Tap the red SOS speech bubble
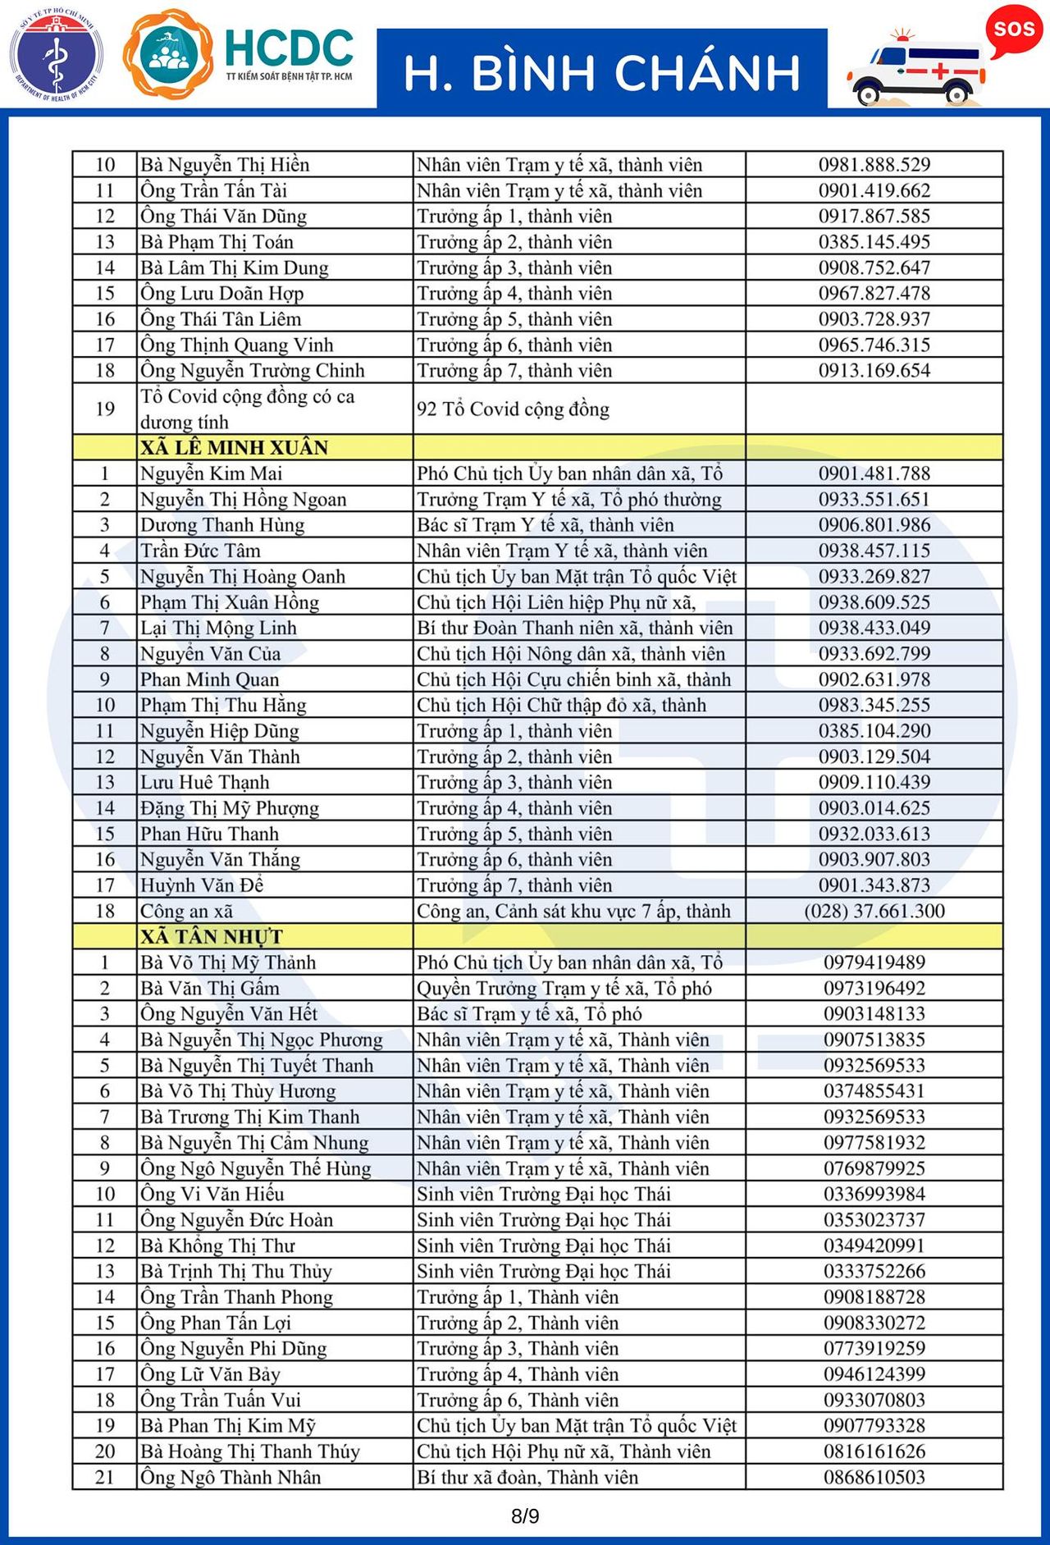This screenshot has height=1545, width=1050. pos(1014,30)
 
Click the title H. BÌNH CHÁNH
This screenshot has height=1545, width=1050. pos(601,72)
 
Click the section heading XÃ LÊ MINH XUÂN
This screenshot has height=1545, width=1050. pos(234,447)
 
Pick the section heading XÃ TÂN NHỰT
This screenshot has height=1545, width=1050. pos(212,936)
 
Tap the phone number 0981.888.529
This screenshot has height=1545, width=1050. pos(874,164)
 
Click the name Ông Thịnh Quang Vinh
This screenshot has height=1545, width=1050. pos(236,345)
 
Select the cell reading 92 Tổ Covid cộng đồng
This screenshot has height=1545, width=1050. pos(513,409)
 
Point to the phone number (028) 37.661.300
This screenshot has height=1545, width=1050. pos(874,911)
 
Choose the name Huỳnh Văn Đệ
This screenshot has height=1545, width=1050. pos(202,885)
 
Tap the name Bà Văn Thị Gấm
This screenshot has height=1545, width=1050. pos(210,988)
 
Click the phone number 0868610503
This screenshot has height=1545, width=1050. pos(874,1477)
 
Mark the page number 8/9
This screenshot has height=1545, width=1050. pos(525,1515)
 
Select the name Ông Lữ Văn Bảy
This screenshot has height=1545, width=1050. pos(210,1374)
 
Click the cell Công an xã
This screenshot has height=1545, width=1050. pos(186,911)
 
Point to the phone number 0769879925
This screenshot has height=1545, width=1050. pos(874,1168)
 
